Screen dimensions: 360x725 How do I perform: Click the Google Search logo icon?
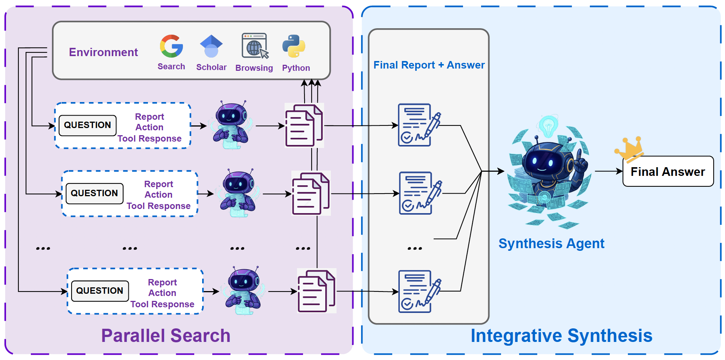point(171,46)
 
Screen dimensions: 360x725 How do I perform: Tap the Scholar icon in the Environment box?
point(211,46)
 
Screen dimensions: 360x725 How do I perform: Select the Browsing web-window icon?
point(255,46)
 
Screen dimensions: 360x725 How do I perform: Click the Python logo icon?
point(294,46)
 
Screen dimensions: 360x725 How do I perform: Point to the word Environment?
point(103,52)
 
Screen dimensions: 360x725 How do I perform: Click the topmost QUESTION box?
point(87,125)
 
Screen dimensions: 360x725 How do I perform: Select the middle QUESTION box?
point(94,194)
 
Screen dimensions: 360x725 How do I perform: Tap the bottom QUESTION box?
point(100,291)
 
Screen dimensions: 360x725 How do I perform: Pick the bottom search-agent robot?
point(243,290)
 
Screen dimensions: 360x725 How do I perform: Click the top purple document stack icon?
point(304,125)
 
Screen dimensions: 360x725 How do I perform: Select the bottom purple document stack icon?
point(316,291)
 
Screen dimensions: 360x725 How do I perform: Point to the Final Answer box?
point(668,172)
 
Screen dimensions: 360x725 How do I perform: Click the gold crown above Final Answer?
point(630,148)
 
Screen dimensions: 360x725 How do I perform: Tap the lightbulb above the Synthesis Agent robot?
point(548,125)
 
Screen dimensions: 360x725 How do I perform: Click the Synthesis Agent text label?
point(551,244)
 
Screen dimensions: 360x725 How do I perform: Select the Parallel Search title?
point(166,336)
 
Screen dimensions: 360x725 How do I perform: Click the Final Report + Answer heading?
point(429,65)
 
